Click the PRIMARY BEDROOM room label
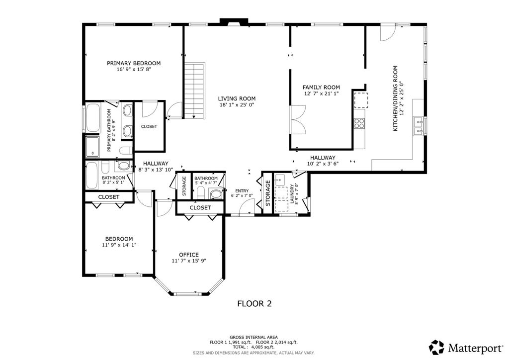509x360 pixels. (x=134, y=63)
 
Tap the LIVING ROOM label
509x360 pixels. (x=237, y=98)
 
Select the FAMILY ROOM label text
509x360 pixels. (x=321, y=88)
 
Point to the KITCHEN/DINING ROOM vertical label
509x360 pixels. (x=395, y=98)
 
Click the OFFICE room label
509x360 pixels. (x=189, y=255)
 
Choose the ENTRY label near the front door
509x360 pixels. (x=242, y=191)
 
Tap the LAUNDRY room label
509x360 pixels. (x=292, y=194)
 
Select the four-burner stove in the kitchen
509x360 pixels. (x=359, y=123)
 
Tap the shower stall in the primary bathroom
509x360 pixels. (x=92, y=147)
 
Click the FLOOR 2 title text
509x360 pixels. (x=254, y=304)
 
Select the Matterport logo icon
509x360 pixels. (x=436, y=348)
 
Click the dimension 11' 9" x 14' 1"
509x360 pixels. (x=119, y=245)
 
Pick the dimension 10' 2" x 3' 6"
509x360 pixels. (x=323, y=164)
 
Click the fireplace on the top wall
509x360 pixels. (x=234, y=22)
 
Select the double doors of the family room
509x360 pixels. (x=298, y=119)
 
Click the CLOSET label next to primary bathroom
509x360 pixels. (x=149, y=127)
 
